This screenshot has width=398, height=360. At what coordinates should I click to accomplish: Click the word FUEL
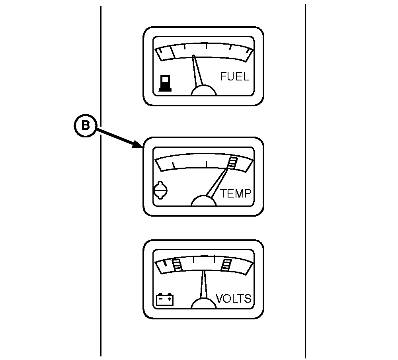click(x=234, y=76)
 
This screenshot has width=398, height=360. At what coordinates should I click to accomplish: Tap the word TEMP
click(x=235, y=194)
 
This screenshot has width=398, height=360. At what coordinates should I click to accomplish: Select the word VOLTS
click(x=234, y=299)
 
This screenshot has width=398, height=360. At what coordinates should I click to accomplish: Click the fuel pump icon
click(x=165, y=83)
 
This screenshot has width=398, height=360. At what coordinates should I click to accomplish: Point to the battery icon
click(x=165, y=299)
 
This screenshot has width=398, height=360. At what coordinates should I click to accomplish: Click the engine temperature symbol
click(x=161, y=190)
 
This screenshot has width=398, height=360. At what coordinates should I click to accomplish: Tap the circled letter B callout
click(x=85, y=126)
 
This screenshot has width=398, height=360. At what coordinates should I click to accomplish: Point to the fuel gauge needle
click(x=197, y=70)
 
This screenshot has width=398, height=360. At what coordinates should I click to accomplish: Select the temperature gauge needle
click(x=217, y=182)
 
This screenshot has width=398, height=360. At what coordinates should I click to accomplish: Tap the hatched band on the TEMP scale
click(x=232, y=162)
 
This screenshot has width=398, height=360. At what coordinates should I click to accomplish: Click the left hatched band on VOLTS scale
click(x=178, y=265)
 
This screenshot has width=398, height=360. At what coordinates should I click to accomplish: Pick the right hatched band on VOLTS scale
click(x=226, y=265)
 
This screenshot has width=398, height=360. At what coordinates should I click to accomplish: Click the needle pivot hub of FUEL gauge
click(x=203, y=91)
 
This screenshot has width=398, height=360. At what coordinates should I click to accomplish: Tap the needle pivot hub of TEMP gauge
click(x=203, y=201)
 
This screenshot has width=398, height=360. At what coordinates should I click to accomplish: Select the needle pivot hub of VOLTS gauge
click(x=203, y=303)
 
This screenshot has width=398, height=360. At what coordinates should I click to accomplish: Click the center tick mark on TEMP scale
click(x=206, y=164)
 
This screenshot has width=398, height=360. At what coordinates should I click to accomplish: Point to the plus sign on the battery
click(x=170, y=299)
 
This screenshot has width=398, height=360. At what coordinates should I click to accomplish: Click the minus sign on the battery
click(x=160, y=299)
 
